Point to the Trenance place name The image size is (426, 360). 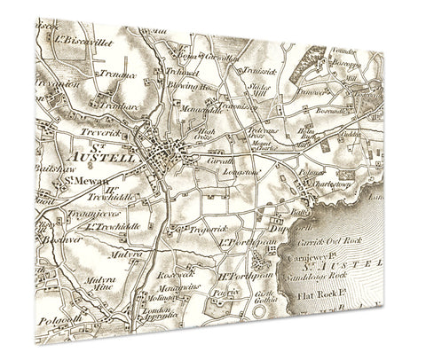point(117,75)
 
